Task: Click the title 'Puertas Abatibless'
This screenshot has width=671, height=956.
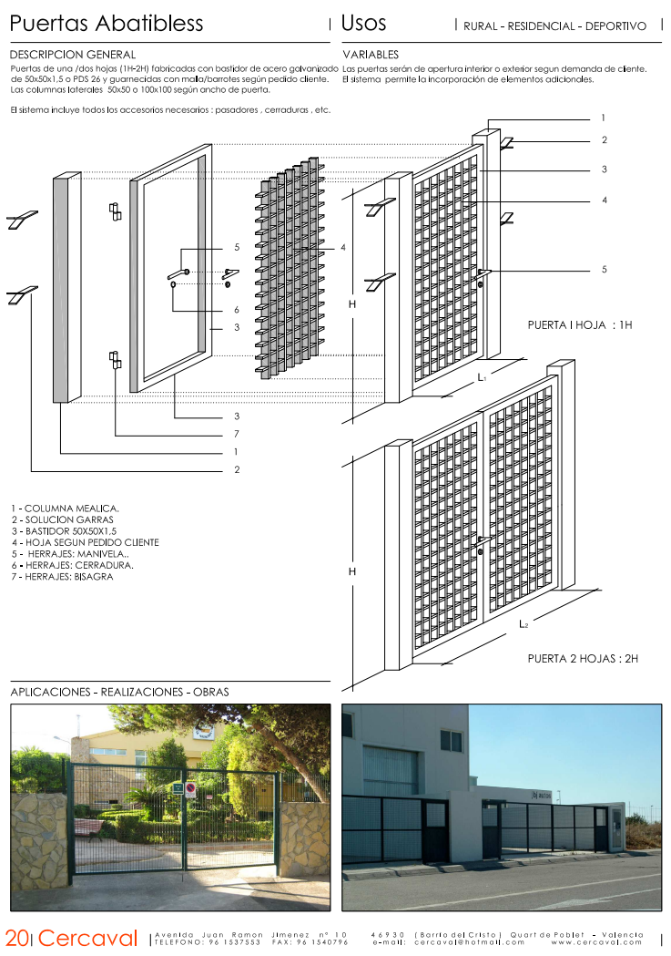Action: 107,25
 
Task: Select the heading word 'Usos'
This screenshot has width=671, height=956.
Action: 363,24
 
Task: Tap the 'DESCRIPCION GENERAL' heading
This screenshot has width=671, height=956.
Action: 73,56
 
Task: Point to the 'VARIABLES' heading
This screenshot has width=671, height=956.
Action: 371,56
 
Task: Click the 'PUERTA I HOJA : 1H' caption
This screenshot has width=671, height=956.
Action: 579,324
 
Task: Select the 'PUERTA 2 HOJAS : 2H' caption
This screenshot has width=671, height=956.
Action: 583,657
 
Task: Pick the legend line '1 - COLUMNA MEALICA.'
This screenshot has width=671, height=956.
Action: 65,509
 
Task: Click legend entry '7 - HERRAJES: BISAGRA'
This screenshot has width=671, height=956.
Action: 62,577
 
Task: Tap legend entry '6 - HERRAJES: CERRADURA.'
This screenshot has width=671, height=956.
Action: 72,565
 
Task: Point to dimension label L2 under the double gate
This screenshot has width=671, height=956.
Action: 524,624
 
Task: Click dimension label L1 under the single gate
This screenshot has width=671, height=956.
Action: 483,375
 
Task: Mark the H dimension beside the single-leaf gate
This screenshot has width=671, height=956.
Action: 351,304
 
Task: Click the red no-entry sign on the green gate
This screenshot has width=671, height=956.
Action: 190,789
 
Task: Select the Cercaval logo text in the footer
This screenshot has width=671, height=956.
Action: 87,938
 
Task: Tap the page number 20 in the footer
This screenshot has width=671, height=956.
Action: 16,938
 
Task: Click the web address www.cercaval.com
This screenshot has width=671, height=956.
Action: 596,942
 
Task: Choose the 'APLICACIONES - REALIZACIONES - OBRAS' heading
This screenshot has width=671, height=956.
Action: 119,692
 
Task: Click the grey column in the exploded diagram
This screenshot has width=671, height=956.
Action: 62,290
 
